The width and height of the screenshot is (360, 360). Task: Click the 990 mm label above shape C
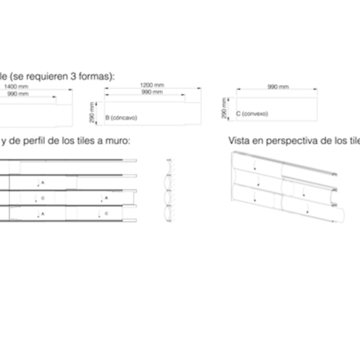point(278,88)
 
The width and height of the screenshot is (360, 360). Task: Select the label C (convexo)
point(251,113)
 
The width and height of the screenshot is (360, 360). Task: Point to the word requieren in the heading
point(46,75)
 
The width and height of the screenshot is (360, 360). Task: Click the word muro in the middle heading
point(115,141)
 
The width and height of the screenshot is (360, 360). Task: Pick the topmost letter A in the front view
point(42,183)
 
